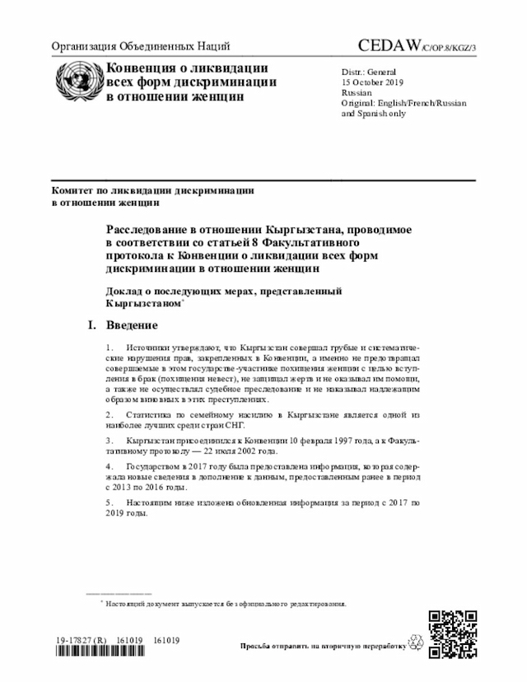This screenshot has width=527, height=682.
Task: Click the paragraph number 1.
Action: [110, 349]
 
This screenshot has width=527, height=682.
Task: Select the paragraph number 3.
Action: [110, 441]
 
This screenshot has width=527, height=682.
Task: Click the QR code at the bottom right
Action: [451, 633]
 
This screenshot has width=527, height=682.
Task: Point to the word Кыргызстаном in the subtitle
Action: [141, 303]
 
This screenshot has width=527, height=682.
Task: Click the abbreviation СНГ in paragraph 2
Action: [250, 425]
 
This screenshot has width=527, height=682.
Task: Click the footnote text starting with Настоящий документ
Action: [222, 603]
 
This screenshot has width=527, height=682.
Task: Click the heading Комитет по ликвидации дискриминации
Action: [152, 190]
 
